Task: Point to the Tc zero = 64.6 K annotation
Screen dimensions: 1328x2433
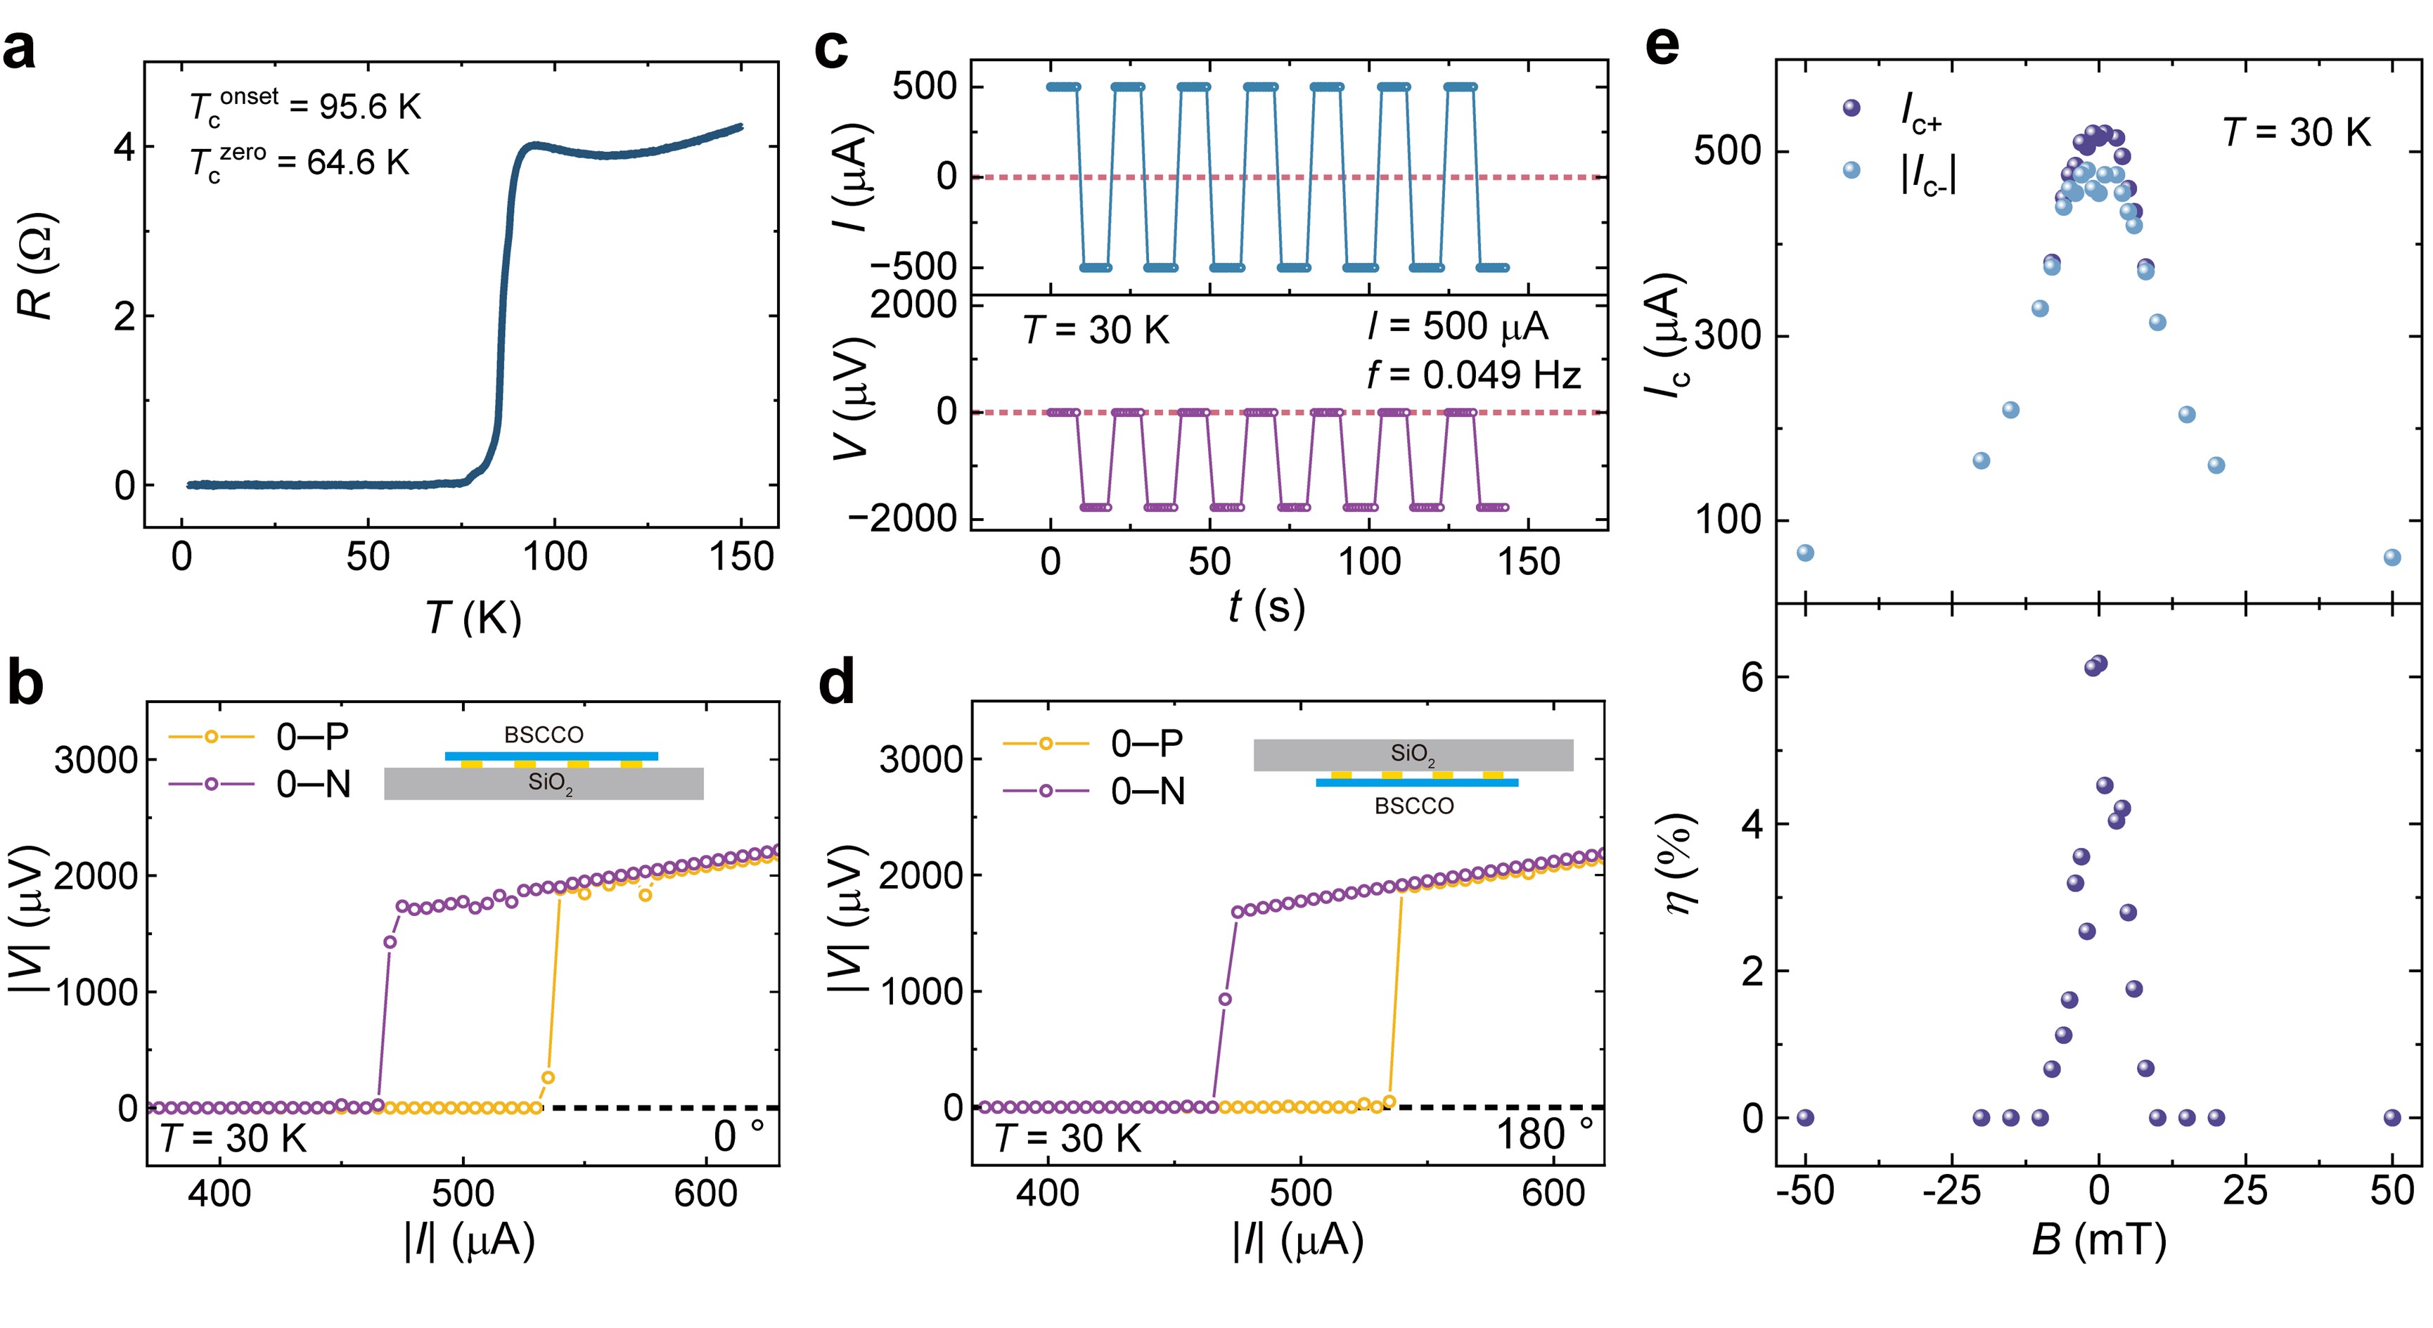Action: (x=300, y=163)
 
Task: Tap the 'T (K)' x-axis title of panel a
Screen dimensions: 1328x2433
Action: (x=473, y=619)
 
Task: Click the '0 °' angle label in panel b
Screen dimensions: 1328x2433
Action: (x=738, y=1135)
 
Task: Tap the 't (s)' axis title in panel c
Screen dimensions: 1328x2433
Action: (x=1266, y=607)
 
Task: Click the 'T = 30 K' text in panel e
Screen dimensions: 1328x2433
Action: (x=2296, y=132)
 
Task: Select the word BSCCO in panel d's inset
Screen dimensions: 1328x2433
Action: (x=1414, y=806)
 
